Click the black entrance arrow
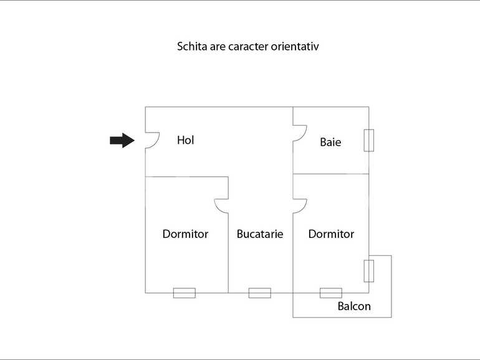click(122, 140)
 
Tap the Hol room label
click(185, 140)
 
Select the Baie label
click(330, 142)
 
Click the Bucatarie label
click(260, 234)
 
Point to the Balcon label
click(354, 306)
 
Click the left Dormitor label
click(185, 234)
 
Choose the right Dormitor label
click(331, 234)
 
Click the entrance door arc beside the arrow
click(152, 140)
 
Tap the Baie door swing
click(300, 133)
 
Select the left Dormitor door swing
click(221, 206)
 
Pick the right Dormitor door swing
click(300, 206)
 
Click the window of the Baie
click(368, 140)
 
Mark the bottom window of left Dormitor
click(184, 293)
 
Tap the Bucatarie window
click(259, 293)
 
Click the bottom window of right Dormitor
click(330, 293)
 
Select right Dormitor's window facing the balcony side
click(368, 270)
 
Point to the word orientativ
click(296, 46)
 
